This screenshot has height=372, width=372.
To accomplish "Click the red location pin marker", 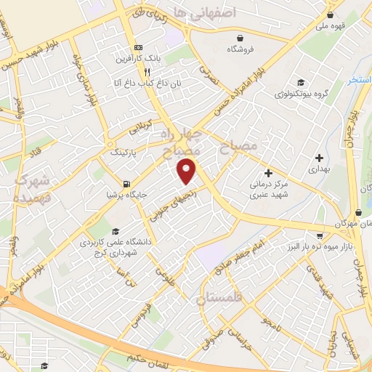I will pyautogui.click(x=187, y=171).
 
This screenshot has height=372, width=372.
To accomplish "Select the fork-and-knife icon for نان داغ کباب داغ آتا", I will pyautogui.click(x=147, y=72).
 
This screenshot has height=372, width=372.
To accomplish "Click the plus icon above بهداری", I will pyautogui.click(x=319, y=157).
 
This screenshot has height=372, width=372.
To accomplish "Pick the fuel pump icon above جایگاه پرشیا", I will pyautogui.click(x=127, y=183).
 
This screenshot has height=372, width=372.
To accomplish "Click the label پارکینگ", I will pyautogui.click(x=123, y=154).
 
